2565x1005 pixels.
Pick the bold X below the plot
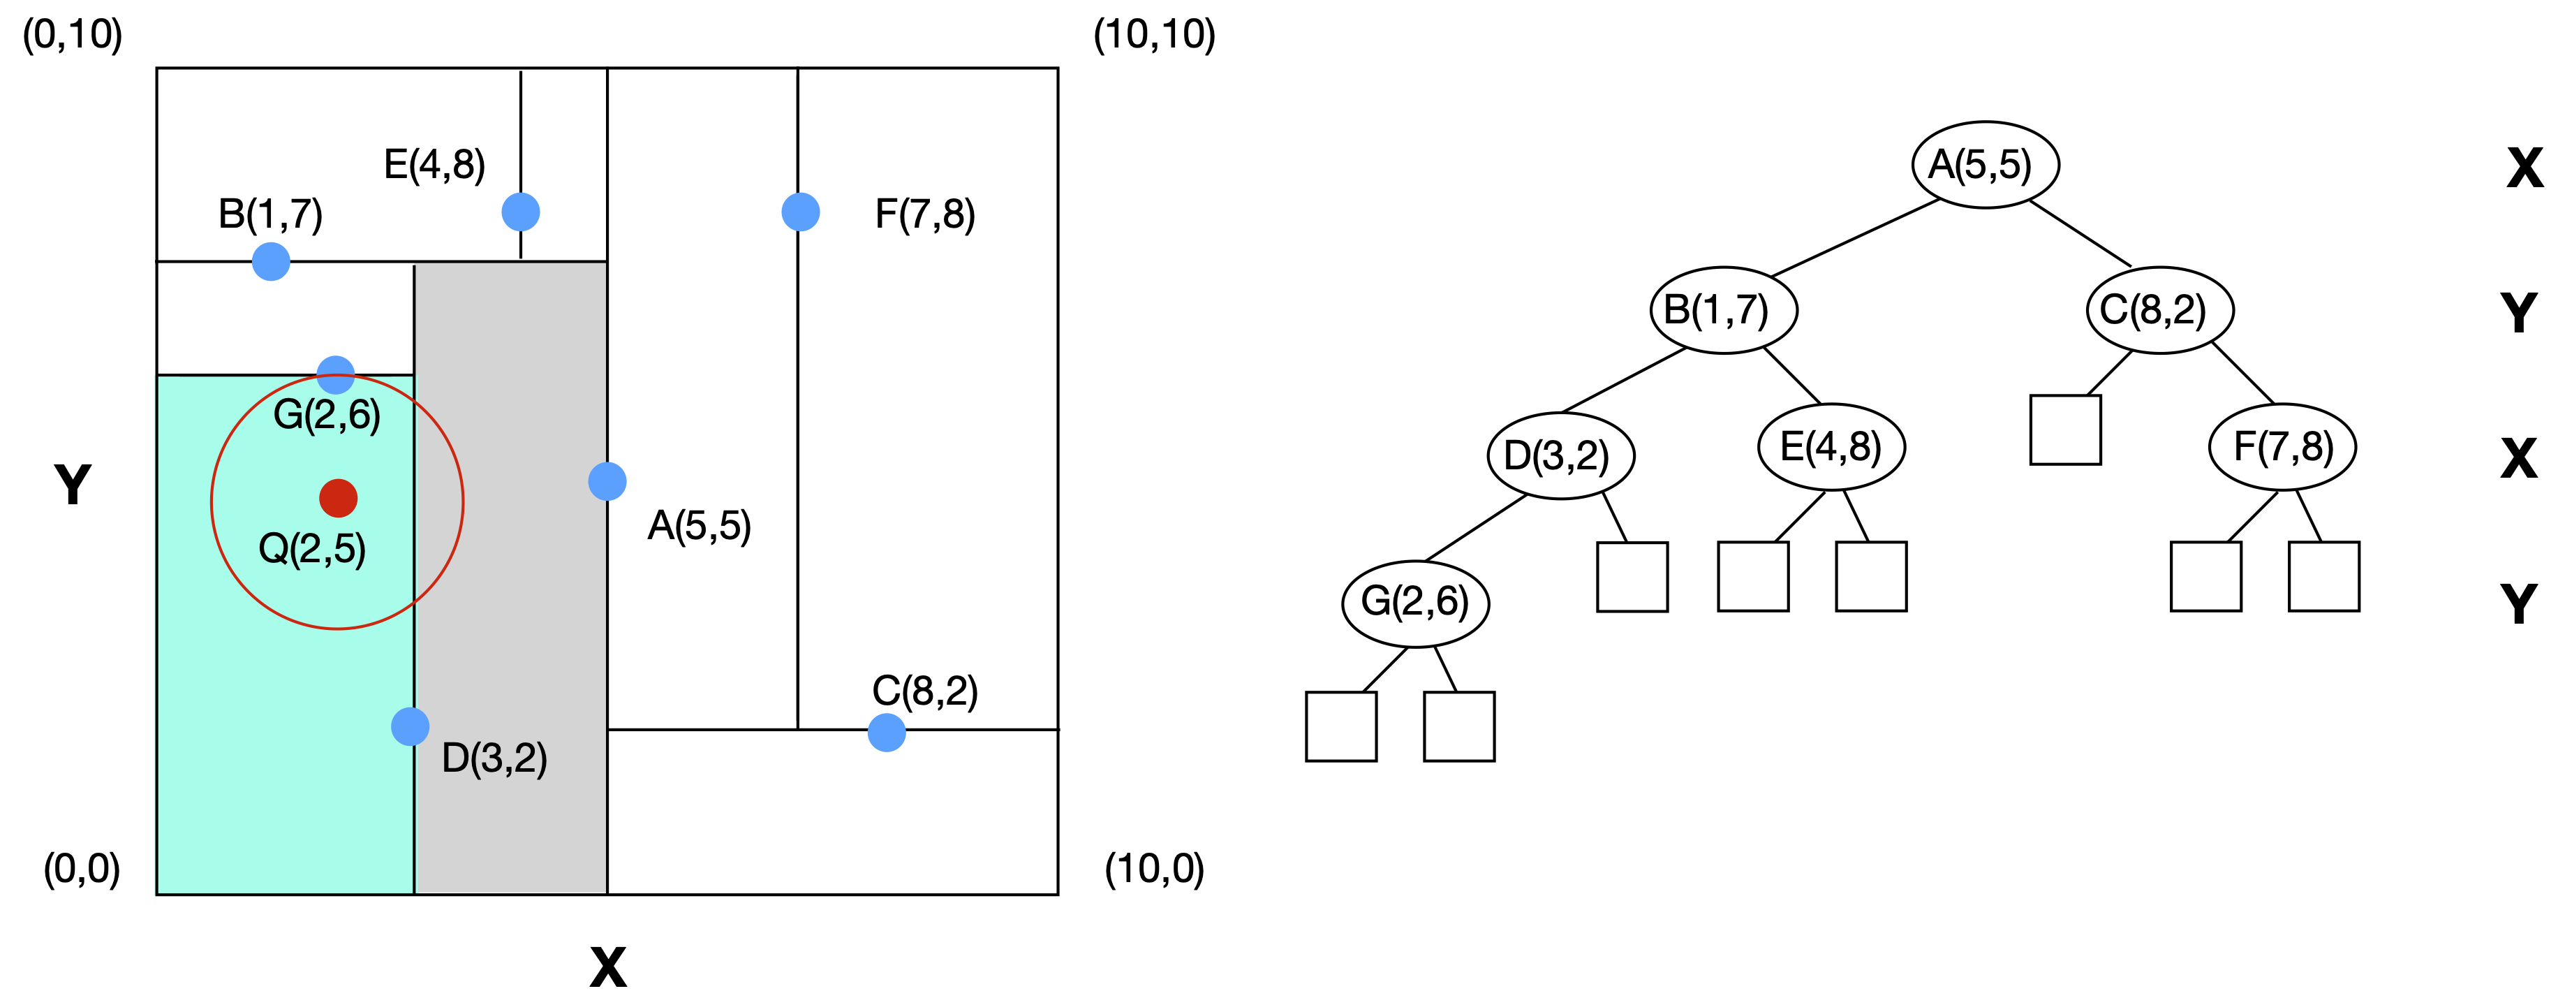point(608,966)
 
